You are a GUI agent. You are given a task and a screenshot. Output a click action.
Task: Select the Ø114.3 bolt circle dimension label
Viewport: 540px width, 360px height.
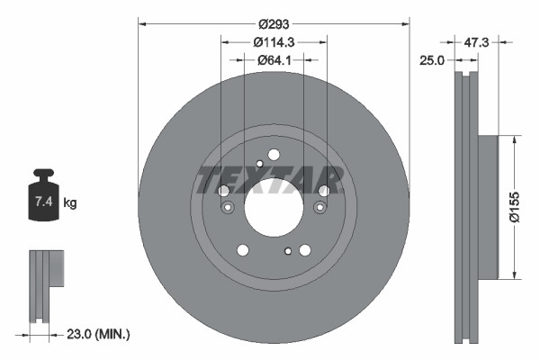(274, 41)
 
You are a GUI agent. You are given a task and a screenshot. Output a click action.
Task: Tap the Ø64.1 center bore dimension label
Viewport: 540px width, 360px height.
(274, 60)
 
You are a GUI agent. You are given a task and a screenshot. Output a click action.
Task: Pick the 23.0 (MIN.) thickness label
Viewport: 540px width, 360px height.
(100, 334)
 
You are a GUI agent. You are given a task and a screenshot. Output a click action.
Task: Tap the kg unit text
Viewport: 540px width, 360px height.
(70, 203)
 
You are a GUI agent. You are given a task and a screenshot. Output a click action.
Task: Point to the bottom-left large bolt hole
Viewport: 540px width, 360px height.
(242, 250)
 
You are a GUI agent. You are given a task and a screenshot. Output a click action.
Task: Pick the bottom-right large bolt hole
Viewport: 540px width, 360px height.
(305, 250)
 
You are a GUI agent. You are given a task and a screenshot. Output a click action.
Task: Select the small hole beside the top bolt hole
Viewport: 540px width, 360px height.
(259, 163)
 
